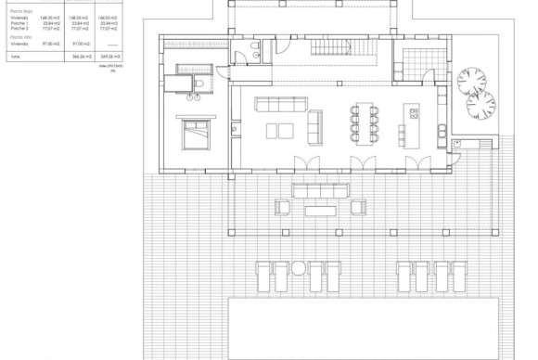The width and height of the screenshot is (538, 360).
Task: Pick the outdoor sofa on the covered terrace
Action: click(321, 190)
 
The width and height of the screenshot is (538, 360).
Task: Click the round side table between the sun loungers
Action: click(299, 268)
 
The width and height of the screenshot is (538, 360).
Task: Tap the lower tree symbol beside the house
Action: click(480, 105)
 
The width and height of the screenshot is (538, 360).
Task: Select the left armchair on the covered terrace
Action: click(278, 206)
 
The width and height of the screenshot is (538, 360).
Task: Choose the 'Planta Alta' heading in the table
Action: click(19, 37)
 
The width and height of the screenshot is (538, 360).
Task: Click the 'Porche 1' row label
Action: click(20, 23)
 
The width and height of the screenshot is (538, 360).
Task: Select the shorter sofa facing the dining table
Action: click(315, 124)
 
